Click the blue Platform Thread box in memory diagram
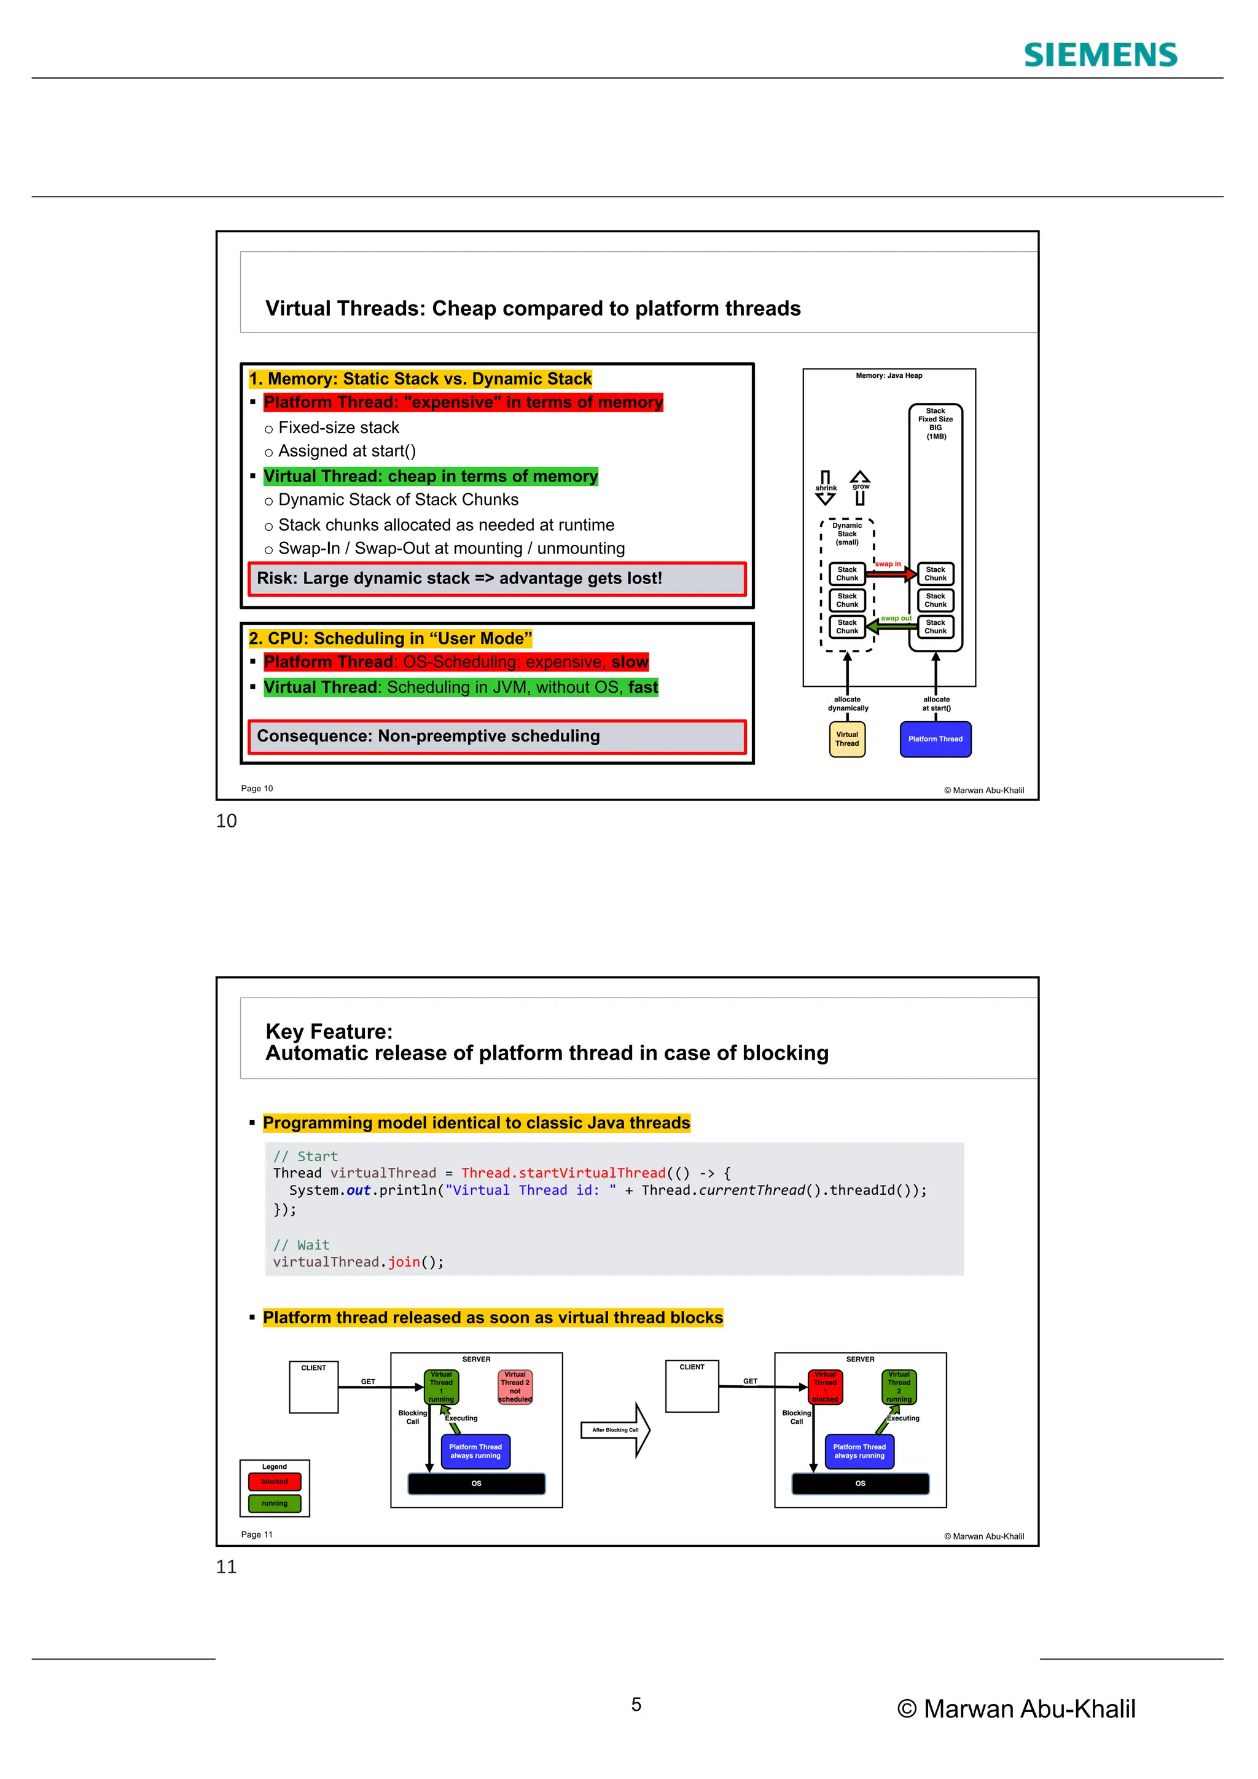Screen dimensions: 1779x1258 coord(935,739)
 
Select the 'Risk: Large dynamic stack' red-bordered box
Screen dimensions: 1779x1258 coord(496,579)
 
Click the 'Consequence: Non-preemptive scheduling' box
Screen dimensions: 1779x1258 coord(496,736)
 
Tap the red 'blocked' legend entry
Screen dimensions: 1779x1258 coord(274,1482)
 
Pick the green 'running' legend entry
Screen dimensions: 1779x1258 coord(274,1503)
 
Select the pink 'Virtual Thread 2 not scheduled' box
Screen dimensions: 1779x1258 coord(515,1387)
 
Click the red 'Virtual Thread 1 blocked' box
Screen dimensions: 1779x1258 coord(825,1387)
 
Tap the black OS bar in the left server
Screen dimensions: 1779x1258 coord(477,1483)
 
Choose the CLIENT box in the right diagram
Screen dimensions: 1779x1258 coord(692,1387)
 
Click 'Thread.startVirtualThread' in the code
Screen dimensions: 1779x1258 coord(563,1173)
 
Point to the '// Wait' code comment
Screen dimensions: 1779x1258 coord(302,1245)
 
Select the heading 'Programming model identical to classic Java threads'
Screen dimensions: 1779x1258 coord(477,1123)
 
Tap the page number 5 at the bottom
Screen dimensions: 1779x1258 coord(636,1705)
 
